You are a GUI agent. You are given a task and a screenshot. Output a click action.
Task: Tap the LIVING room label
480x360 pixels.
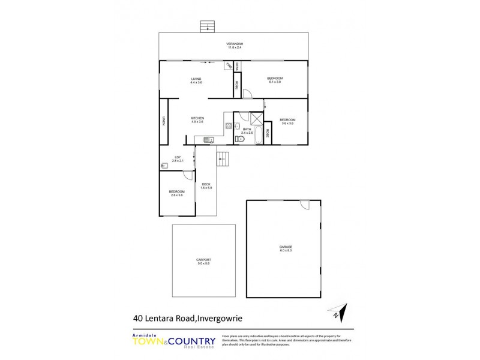click(196, 79)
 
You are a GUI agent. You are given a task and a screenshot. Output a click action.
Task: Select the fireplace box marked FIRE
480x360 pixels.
click(229, 66)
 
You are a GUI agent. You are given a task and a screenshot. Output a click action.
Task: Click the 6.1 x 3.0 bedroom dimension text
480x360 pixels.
click(275, 82)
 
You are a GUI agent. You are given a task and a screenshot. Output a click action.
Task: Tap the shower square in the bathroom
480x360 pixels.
click(256, 118)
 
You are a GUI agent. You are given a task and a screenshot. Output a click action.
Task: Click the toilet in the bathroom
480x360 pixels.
click(239, 139)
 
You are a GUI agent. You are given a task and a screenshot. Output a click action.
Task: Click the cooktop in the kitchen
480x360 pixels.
click(229, 126)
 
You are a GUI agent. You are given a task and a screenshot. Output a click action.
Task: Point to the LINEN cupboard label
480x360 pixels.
click(163, 121)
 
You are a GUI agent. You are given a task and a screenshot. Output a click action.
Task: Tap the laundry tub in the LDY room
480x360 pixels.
click(164, 166)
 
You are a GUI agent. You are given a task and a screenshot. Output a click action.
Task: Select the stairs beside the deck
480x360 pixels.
click(223, 160)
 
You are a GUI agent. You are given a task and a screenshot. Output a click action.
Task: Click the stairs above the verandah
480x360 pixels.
click(208, 26)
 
